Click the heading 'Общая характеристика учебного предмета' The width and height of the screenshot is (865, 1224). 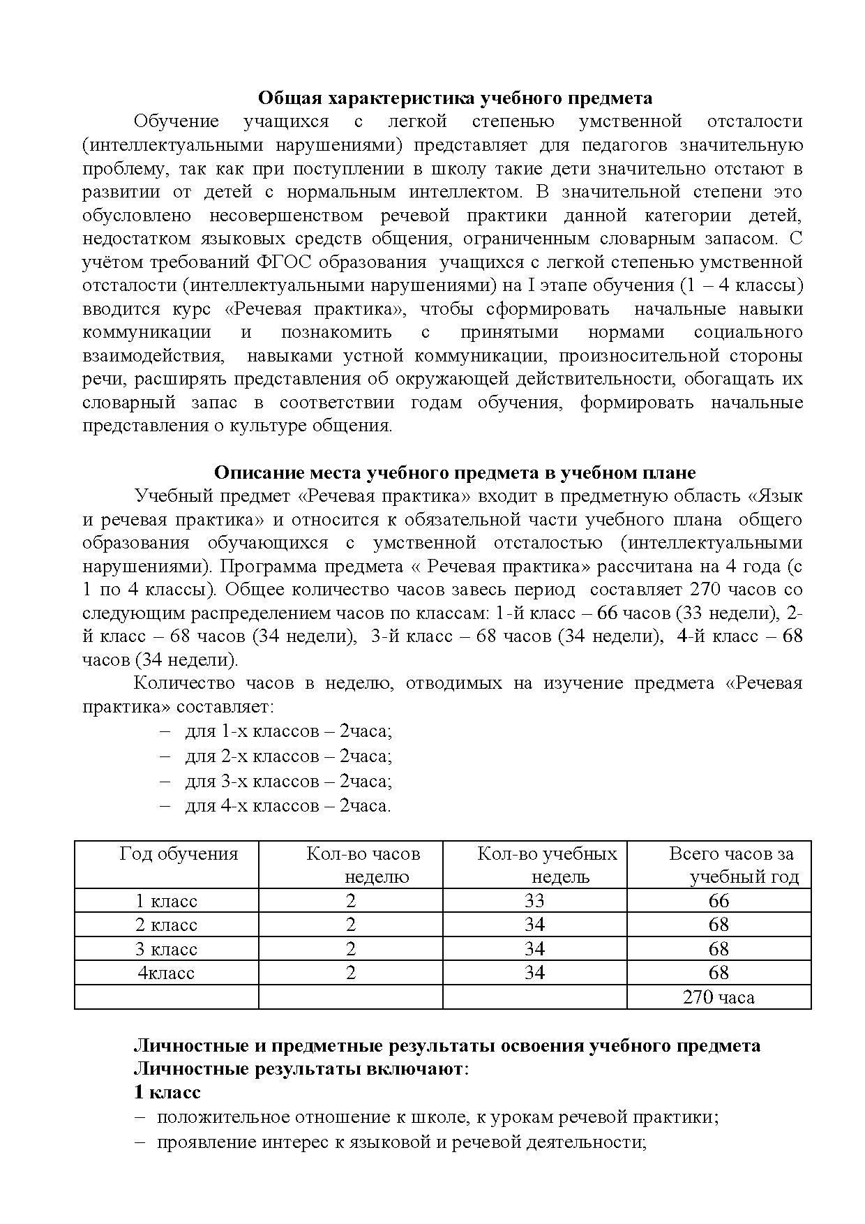click(455, 98)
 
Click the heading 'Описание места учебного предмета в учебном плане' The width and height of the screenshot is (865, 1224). click(454, 472)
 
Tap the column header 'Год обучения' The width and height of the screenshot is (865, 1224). click(179, 853)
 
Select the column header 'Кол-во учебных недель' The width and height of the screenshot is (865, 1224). click(547, 865)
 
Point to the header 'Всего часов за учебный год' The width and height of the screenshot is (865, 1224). click(731, 865)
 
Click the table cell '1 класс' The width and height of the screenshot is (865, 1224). click(166, 901)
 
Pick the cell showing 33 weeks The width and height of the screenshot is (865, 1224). click(534, 901)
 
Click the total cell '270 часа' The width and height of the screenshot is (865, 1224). click(719, 997)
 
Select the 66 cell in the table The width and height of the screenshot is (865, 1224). click(719, 901)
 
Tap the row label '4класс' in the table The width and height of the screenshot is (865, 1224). click(166, 973)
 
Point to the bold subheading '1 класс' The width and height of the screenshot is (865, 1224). click(167, 1092)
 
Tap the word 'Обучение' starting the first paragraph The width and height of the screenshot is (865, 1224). click(176, 121)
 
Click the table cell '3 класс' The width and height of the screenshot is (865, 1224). click(166, 949)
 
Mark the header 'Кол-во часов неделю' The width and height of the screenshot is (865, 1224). click(363, 865)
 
